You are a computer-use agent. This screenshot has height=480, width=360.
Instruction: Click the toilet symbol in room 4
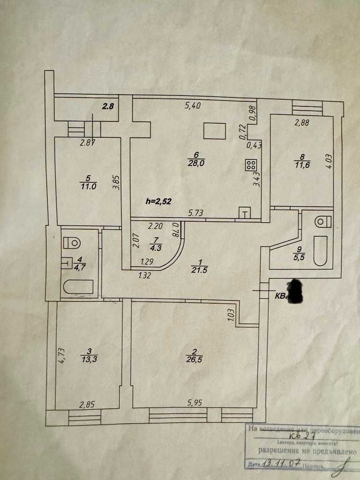72,243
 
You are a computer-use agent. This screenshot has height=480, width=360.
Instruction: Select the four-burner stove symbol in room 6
251,165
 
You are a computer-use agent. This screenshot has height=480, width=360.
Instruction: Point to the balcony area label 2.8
108,106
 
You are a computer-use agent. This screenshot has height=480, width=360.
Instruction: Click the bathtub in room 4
78,286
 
